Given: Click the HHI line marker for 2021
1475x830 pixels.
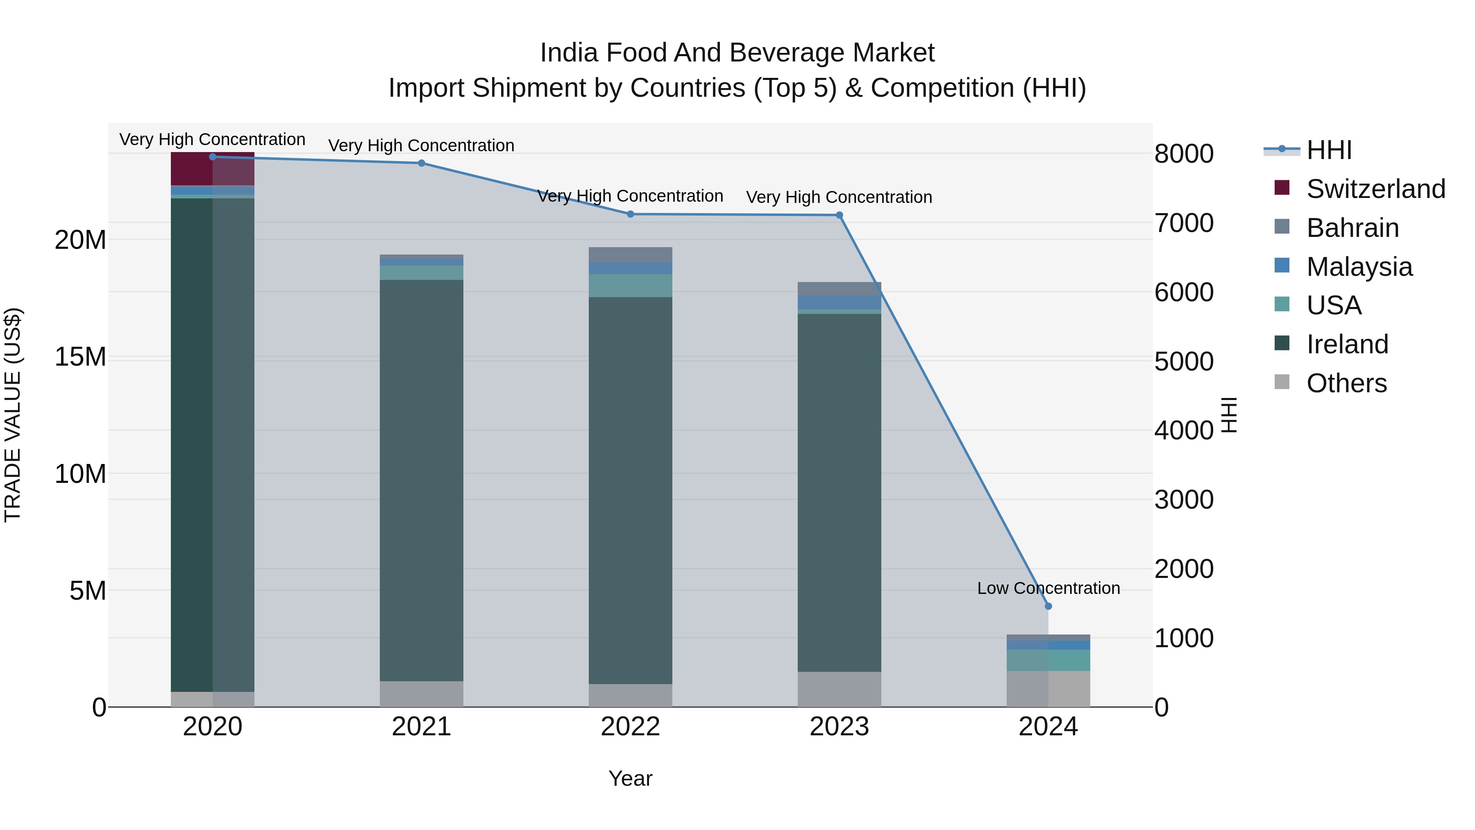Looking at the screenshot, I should (422, 163).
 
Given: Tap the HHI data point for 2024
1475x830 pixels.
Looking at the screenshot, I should (1048, 606).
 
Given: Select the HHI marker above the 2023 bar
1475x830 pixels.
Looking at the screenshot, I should (840, 215).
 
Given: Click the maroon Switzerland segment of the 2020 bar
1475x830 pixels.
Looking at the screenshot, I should (192, 169).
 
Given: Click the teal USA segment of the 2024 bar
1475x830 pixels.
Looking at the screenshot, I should (1048, 660).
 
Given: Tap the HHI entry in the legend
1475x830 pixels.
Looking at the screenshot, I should (1328, 150).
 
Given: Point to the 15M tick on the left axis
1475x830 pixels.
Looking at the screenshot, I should (80, 357).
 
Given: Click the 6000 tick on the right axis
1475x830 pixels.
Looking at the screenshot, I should (1184, 292).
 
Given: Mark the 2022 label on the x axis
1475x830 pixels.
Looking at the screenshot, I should (631, 727).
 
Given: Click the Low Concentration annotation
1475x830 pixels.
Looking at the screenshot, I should (1048, 588).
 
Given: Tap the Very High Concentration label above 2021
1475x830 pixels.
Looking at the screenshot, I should (422, 146).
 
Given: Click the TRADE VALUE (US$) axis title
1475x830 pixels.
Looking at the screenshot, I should (13, 415).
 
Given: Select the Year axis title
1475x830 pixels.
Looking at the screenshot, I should (631, 778).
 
